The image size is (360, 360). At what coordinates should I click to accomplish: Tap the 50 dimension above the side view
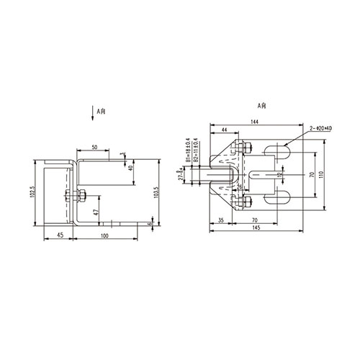click(x=94, y=147)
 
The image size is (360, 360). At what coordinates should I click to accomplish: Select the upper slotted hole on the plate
click(x=277, y=151)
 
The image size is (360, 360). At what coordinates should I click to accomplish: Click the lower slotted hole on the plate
click(x=277, y=199)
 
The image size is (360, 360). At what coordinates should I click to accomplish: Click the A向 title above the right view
click(x=261, y=105)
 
